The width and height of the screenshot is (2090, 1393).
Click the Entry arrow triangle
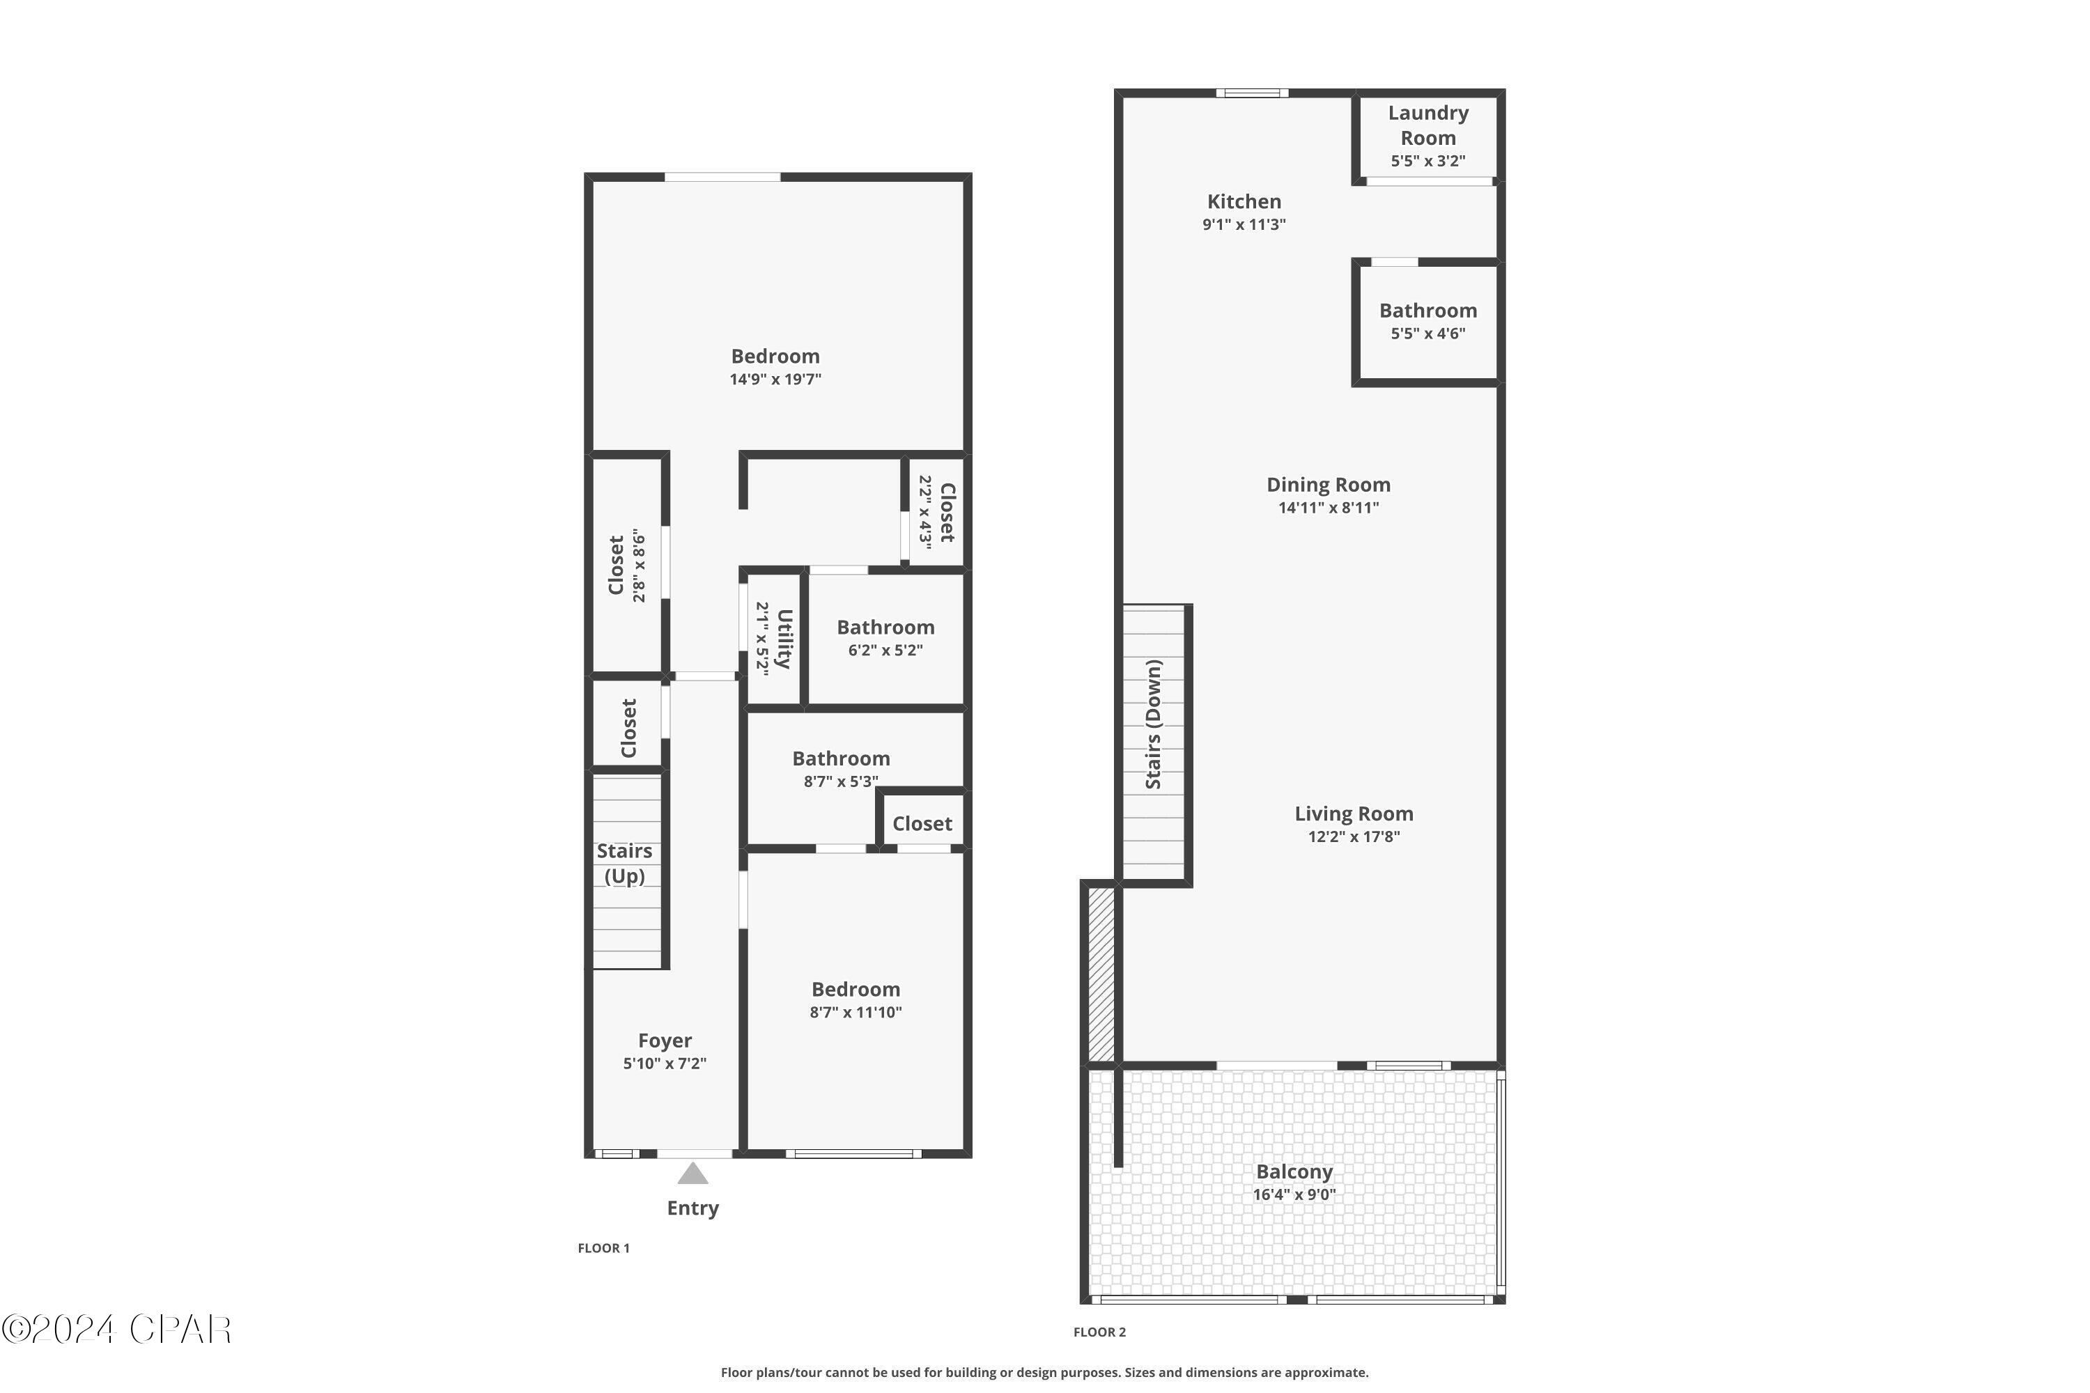point(692,1174)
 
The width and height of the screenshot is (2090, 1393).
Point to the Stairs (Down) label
point(1154,724)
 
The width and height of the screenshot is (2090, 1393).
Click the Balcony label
point(1294,1172)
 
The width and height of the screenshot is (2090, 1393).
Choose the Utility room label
point(783,638)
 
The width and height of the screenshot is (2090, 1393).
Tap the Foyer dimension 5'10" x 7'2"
point(665,1064)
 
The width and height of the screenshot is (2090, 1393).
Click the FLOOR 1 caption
point(603,1248)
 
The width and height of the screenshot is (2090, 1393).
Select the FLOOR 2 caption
point(1099,1332)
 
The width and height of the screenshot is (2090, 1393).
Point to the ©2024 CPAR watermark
point(116,1330)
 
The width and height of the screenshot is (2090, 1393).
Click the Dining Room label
point(1328,485)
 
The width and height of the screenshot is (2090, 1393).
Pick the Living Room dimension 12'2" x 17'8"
point(1354,836)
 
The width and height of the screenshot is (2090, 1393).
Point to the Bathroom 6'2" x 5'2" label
point(885,628)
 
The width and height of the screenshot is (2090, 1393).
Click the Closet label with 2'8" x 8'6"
point(616,565)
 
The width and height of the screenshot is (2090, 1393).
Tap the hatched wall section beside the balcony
point(1101,973)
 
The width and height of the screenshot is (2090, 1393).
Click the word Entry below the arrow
point(692,1208)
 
